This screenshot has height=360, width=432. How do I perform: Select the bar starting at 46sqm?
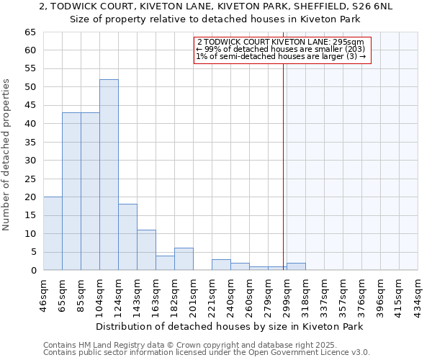point(53,233)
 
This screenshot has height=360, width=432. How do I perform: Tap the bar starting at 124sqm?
point(127,237)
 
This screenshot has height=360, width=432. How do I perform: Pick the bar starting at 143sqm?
point(146,250)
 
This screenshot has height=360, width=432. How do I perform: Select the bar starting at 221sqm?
point(221,264)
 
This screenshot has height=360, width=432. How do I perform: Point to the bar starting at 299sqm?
point(296,266)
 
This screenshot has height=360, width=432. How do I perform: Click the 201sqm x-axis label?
point(193,294)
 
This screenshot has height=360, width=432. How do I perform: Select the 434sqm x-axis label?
point(418,294)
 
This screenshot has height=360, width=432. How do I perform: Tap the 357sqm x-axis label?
point(343,294)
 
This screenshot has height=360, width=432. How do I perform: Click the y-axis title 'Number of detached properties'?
point(7,155)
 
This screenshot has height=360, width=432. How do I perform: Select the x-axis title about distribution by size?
point(229,326)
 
